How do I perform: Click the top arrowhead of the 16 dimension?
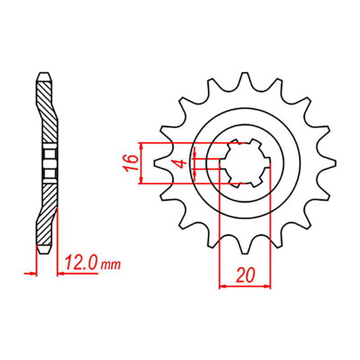click(142, 145)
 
